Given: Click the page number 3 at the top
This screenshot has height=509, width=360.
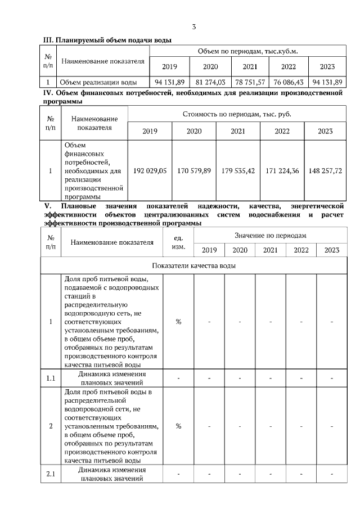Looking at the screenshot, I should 194,26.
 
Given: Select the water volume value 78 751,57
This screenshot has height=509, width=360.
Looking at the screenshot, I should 250,82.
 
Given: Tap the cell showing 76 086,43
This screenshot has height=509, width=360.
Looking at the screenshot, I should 289,82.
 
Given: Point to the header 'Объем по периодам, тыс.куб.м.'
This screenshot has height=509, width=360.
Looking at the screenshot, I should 247,51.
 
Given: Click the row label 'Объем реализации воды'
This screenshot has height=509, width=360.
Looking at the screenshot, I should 98,82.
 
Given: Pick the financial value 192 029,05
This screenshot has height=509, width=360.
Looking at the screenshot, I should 150,170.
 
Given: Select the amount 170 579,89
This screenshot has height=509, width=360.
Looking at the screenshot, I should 194,170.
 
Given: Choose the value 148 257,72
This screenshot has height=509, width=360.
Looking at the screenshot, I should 325,170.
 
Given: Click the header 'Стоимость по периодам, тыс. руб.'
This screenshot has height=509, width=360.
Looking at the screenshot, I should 237,114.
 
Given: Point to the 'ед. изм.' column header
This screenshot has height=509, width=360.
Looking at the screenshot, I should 178,242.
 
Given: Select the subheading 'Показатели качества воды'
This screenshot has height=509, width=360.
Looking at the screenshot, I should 193,265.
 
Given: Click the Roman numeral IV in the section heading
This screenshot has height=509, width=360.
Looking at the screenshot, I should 48,92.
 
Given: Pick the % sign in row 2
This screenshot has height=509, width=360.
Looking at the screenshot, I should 178,426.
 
